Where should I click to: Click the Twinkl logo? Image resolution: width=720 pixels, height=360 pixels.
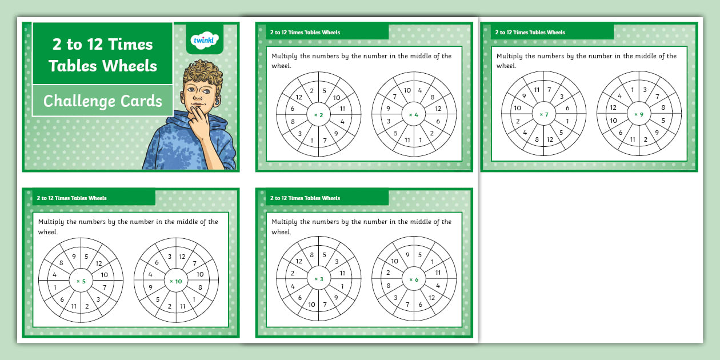pyautogui.click(x=204, y=40)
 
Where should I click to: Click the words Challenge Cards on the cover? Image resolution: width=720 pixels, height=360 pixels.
pyautogui.click(x=103, y=101)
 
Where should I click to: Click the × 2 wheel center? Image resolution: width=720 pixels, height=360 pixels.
pyautogui.click(x=318, y=115)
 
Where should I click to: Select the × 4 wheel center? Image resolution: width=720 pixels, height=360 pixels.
pyautogui.click(x=414, y=115)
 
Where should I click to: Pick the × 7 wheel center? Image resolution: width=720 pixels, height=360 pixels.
pyautogui.click(x=543, y=114)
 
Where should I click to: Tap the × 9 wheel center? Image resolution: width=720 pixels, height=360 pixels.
pyautogui.click(x=639, y=114)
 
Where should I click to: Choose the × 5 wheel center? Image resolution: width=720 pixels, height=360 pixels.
pyautogui.click(x=81, y=281)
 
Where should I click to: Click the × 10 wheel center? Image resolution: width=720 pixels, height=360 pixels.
pyautogui.click(x=176, y=281)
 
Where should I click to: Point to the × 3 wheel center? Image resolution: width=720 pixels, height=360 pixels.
pyautogui.click(x=318, y=279)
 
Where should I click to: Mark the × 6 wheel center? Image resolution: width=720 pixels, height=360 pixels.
pyautogui.click(x=414, y=279)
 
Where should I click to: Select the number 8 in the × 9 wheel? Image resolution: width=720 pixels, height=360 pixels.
pyautogui.click(x=663, y=107)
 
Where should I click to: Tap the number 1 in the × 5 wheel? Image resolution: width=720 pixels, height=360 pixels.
pyautogui.click(x=55, y=287)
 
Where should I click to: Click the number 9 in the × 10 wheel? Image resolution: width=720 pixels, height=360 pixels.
pyautogui.click(x=150, y=287)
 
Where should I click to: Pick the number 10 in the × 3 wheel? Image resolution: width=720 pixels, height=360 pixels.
pyautogui.click(x=311, y=305)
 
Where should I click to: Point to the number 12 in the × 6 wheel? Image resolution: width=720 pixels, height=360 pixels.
pyautogui.click(x=431, y=298)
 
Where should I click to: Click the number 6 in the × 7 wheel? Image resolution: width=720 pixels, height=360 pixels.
pyautogui.click(x=567, y=108)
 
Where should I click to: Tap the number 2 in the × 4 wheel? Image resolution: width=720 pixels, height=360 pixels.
pyautogui.click(x=432, y=133)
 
